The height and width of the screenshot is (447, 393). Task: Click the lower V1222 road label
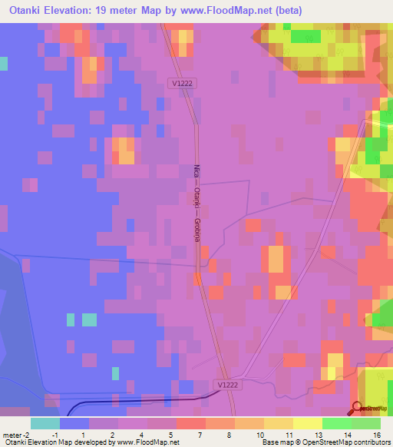pos(228,385)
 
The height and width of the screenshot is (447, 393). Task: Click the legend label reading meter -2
pos(15,434)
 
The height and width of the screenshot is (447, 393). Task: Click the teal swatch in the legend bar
pos(45,423)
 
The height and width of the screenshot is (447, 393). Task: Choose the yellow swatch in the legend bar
pos(307,423)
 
